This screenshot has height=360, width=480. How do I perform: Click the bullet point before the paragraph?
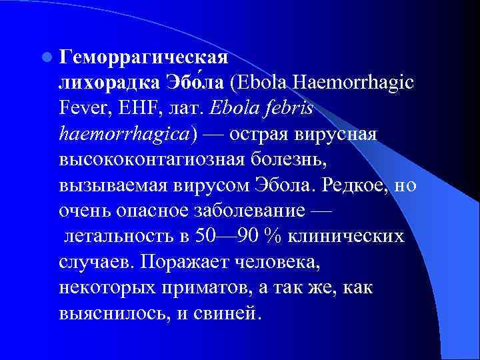(x=46, y=55)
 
